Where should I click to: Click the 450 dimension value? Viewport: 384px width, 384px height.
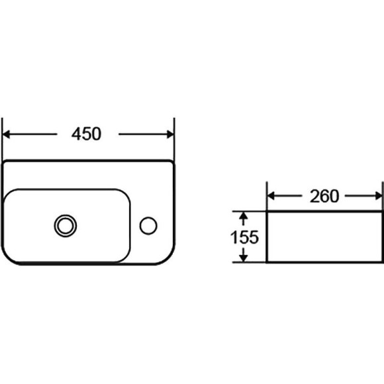pos(86,134)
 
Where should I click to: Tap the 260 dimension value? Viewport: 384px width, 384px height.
pos(324,196)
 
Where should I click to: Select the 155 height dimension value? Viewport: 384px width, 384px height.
pos(244,237)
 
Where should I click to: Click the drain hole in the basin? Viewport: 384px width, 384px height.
pos(66,226)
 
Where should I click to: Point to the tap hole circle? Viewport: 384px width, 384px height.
pos(148,226)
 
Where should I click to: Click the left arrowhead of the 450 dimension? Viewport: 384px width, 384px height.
pos(6,134)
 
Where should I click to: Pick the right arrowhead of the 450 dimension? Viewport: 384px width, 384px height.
pos(170,134)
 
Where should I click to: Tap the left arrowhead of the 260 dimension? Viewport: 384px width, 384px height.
pos(271,196)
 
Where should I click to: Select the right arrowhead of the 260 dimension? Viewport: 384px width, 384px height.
pos(378,196)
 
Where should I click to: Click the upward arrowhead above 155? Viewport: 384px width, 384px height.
pos(243,216)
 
